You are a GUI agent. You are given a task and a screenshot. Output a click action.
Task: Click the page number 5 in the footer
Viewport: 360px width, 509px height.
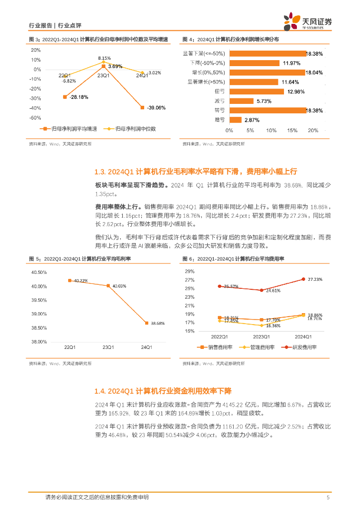tap(328, 497)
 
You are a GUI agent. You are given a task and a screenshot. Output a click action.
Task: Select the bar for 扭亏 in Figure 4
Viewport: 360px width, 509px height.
tap(257, 91)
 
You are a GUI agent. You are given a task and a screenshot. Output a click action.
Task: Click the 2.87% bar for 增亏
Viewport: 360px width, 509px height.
tap(235, 120)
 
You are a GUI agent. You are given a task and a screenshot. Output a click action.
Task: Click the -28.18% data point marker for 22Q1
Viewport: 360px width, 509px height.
tap(65, 97)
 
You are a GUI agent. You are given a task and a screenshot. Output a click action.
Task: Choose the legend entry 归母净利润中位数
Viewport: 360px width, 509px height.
tap(135, 129)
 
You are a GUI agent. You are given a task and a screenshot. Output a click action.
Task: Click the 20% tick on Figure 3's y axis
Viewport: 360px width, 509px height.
tap(36, 50)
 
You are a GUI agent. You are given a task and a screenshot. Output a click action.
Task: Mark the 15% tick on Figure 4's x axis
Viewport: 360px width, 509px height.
tap(292, 130)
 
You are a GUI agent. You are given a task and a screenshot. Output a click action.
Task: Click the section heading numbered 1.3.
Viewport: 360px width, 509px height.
tap(195, 171)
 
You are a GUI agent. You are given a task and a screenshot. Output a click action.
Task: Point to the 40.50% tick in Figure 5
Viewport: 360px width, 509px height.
tap(39, 272)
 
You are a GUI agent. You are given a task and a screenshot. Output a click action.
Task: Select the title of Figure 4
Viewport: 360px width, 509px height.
tap(230, 39)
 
